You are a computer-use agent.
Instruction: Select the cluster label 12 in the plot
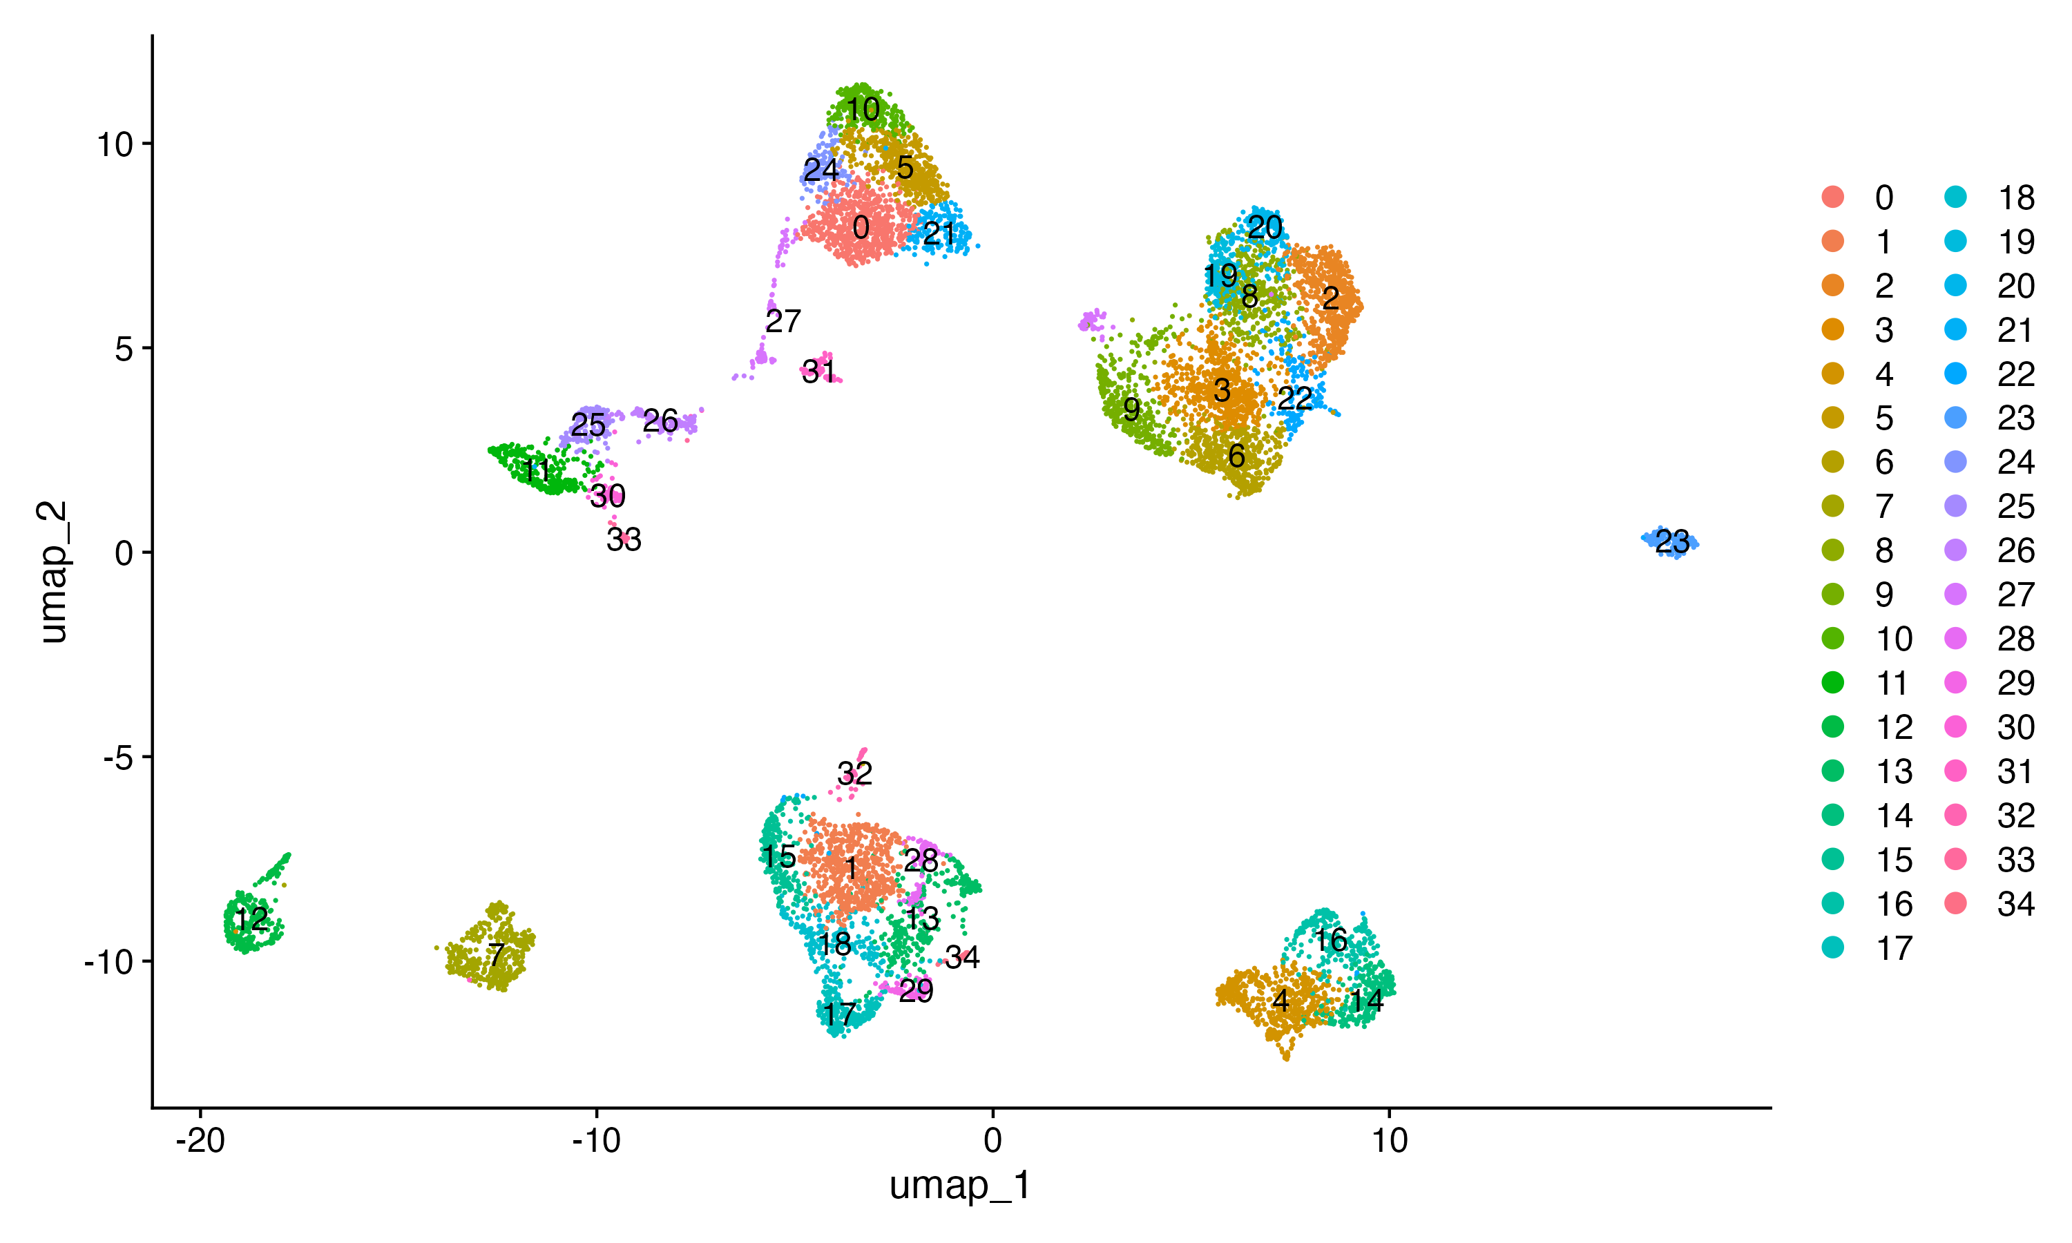point(251,920)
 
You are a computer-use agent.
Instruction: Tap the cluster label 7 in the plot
point(497,955)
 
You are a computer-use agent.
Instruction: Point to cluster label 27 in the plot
point(783,321)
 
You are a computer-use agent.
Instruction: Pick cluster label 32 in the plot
point(854,773)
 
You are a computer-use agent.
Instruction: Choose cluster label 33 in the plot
point(624,540)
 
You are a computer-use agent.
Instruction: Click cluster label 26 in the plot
point(660,421)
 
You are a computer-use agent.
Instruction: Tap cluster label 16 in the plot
point(1330,940)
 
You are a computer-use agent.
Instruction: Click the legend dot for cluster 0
point(1833,197)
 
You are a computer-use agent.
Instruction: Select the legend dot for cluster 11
point(1833,683)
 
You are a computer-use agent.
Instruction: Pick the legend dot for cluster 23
point(1955,418)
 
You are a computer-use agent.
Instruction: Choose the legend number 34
point(2015,904)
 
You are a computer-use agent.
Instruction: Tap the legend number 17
point(1894,948)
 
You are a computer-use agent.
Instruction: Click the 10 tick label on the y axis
point(115,145)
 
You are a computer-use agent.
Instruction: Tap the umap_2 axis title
point(54,571)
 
